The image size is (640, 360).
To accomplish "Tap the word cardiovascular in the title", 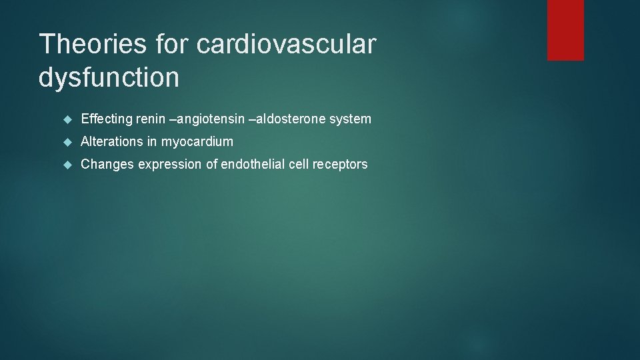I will coord(287,44).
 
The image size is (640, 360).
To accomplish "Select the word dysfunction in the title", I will coord(109,77).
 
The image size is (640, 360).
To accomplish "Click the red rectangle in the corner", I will coord(565,30).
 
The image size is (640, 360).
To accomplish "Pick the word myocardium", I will coord(197,141).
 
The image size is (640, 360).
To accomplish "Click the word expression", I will coord(170,164).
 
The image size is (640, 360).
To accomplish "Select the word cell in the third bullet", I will coord(298,164).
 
